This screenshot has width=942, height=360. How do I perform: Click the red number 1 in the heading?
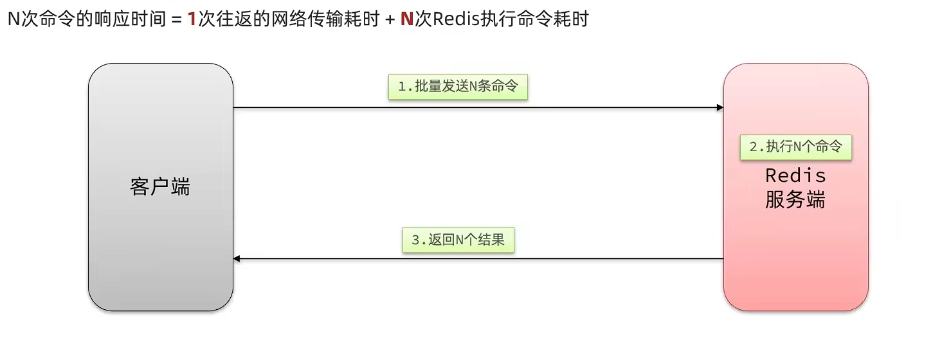(x=192, y=19)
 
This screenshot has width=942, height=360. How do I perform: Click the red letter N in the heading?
(x=406, y=19)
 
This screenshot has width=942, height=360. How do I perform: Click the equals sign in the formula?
(x=176, y=19)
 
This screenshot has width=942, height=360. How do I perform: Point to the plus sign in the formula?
(x=389, y=19)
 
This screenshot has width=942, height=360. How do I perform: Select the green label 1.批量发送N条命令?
(x=458, y=87)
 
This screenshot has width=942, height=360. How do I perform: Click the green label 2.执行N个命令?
(x=795, y=147)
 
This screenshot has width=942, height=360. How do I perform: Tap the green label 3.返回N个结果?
(x=458, y=240)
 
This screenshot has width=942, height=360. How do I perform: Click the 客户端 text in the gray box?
(x=160, y=187)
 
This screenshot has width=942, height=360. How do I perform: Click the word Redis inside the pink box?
(x=795, y=175)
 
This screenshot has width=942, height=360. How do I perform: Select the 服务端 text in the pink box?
(x=795, y=200)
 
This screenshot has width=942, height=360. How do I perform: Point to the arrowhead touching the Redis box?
(x=720, y=107)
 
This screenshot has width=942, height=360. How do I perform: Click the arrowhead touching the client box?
(x=237, y=258)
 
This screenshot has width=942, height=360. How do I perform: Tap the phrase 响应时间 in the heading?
(x=131, y=19)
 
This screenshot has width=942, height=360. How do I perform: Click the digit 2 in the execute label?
(x=754, y=147)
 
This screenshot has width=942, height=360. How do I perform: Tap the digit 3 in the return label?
(x=415, y=240)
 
